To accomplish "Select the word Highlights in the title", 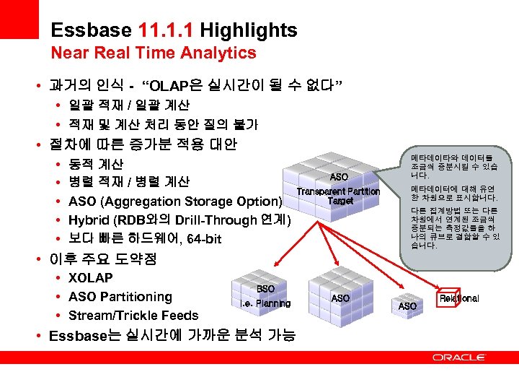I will [x=249, y=30].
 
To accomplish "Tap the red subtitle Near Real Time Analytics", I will [x=154, y=53].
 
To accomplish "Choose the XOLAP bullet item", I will [x=90, y=278].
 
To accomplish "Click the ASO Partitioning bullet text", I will [x=120, y=297].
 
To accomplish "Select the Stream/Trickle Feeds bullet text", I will [x=133, y=316].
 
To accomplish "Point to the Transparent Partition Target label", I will [x=340, y=196].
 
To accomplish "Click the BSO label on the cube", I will [x=265, y=289].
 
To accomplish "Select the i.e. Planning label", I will [x=265, y=303].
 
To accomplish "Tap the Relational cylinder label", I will [x=459, y=298].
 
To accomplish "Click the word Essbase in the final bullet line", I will [x=78, y=335].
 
